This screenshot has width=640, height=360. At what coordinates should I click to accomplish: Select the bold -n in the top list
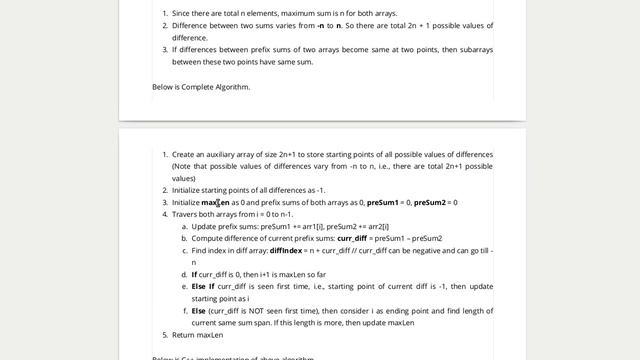[x=322, y=25]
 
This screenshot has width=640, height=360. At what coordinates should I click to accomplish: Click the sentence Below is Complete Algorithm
[x=201, y=87]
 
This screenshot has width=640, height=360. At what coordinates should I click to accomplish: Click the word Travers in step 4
[x=185, y=215]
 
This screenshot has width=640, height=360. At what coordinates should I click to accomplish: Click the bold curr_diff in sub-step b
[x=352, y=239]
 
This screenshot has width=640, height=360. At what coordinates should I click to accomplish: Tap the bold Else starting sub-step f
[x=199, y=311]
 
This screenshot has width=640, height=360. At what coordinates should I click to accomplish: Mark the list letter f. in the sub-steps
[x=185, y=311]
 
